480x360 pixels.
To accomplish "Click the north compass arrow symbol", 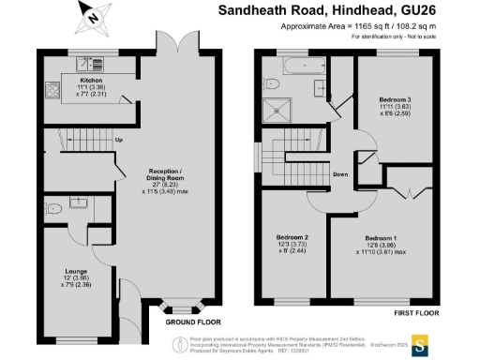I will (x=89, y=15).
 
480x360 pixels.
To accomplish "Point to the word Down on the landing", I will (x=339, y=175).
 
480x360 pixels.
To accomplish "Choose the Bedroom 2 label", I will (x=292, y=238).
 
